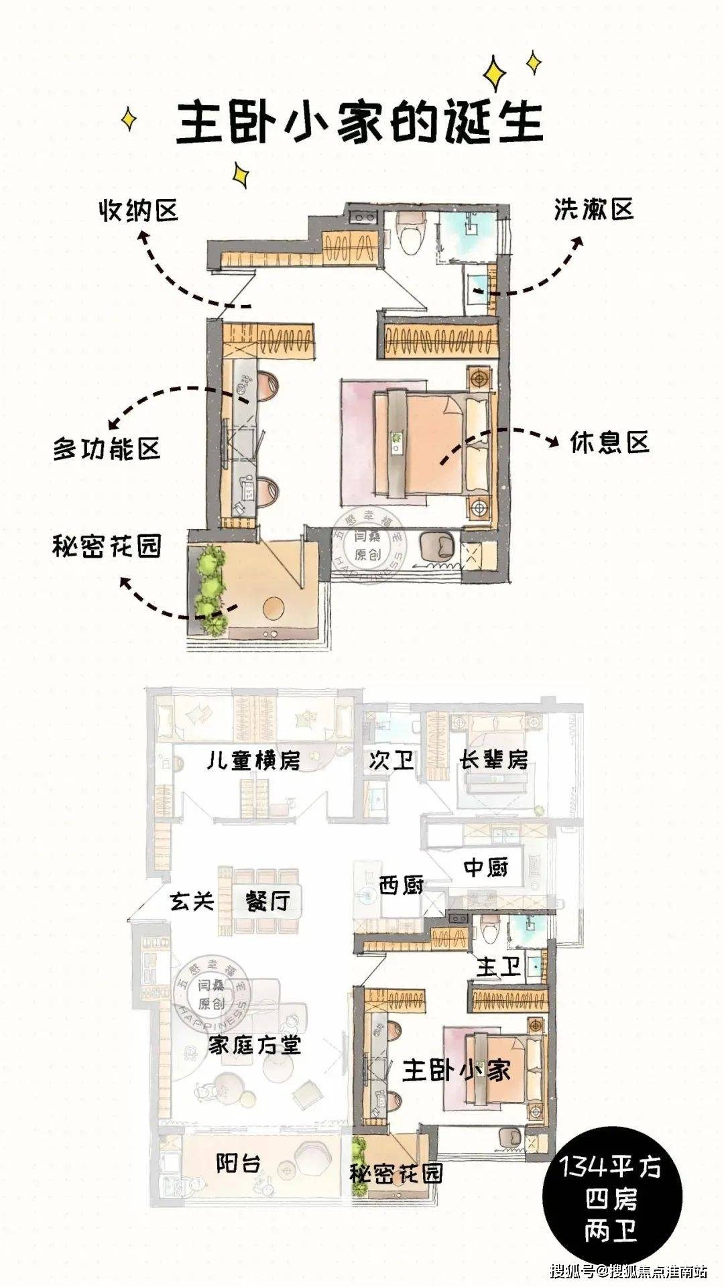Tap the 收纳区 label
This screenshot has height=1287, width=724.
[x=139, y=210]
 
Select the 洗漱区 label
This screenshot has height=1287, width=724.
[x=593, y=210]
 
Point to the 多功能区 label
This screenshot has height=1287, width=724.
[x=107, y=448]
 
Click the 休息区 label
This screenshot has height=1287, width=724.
[x=609, y=442]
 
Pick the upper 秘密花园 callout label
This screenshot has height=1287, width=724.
[x=107, y=546]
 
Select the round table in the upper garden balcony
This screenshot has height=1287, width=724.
[x=277, y=607]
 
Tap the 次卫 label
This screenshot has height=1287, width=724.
[x=391, y=760]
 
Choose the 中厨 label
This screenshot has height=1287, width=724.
[x=487, y=867]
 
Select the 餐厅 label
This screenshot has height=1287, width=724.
[x=267, y=900]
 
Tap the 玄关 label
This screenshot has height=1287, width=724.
[x=192, y=900]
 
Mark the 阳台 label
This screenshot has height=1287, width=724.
[x=238, y=1163]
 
